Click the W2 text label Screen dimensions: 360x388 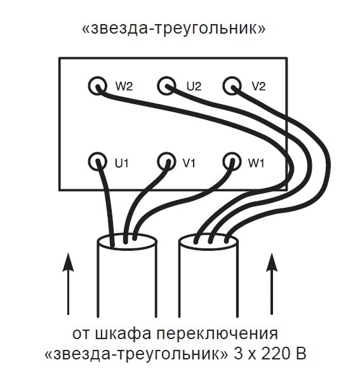[x=124, y=86]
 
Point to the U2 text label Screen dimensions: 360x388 [x=194, y=86]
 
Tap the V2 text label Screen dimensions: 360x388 [x=258, y=86]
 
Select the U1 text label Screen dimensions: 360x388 [x=121, y=163]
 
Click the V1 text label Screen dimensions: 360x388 [x=189, y=163]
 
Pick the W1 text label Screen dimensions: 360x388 [x=256, y=163]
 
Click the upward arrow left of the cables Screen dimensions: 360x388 [x=68, y=284]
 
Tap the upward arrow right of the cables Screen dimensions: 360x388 [x=272, y=284]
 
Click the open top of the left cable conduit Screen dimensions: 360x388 [x=127, y=241]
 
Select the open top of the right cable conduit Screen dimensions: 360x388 [x=208, y=241]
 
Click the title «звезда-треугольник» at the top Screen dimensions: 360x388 [x=174, y=29]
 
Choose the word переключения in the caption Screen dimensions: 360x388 [x=217, y=334]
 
